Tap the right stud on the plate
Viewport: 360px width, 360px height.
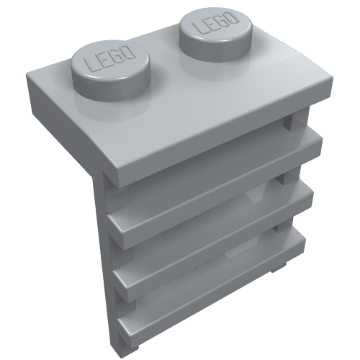[214, 30]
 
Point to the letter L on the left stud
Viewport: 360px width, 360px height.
[90, 67]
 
